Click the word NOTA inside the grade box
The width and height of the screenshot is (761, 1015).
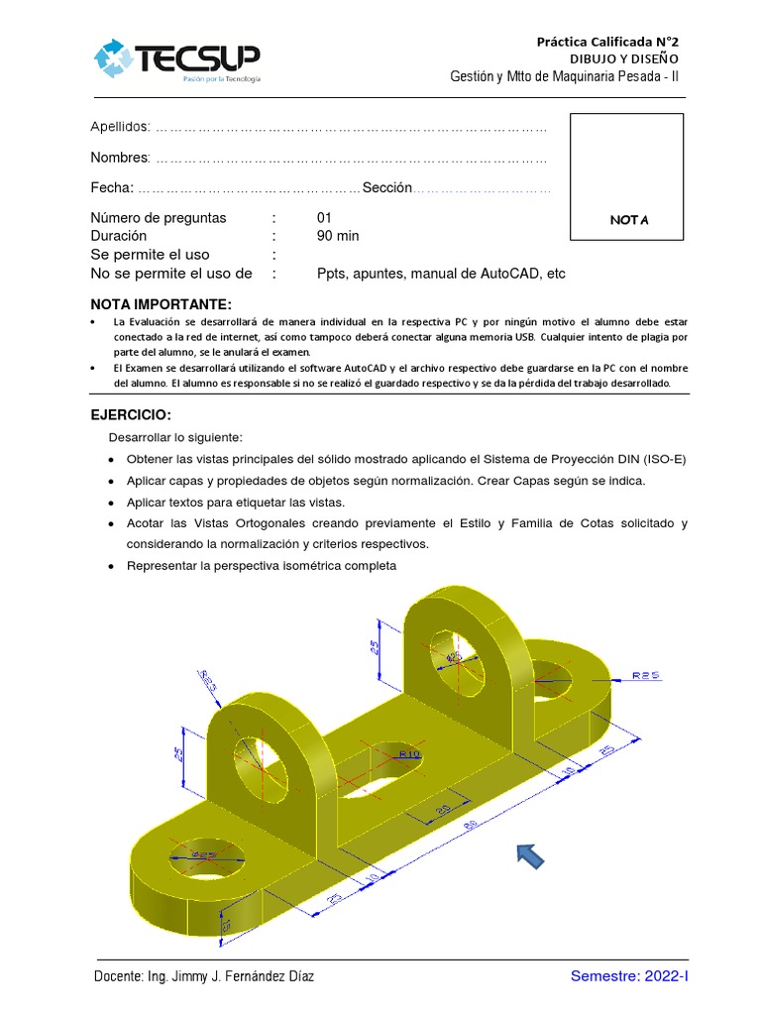point(628,220)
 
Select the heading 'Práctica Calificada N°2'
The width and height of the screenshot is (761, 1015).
point(607,42)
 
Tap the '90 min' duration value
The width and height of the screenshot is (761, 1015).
point(338,236)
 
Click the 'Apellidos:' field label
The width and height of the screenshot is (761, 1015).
point(121,127)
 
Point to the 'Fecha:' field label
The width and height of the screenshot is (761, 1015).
point(112,188)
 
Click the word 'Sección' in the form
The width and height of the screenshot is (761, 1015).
point(386,188)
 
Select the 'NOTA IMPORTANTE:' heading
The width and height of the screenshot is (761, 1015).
point(161,303)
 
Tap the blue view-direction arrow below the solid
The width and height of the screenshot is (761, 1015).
point(528,857)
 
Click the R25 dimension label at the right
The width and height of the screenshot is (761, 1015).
point(645,675)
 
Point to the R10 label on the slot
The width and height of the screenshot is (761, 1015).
point(408,755)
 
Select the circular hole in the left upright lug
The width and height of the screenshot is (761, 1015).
point(255,765)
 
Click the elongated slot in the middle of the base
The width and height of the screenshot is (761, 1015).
point(381,771)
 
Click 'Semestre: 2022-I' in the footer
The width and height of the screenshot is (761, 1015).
point(628,977)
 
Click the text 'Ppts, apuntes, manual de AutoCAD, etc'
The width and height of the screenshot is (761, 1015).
point(441,274)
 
